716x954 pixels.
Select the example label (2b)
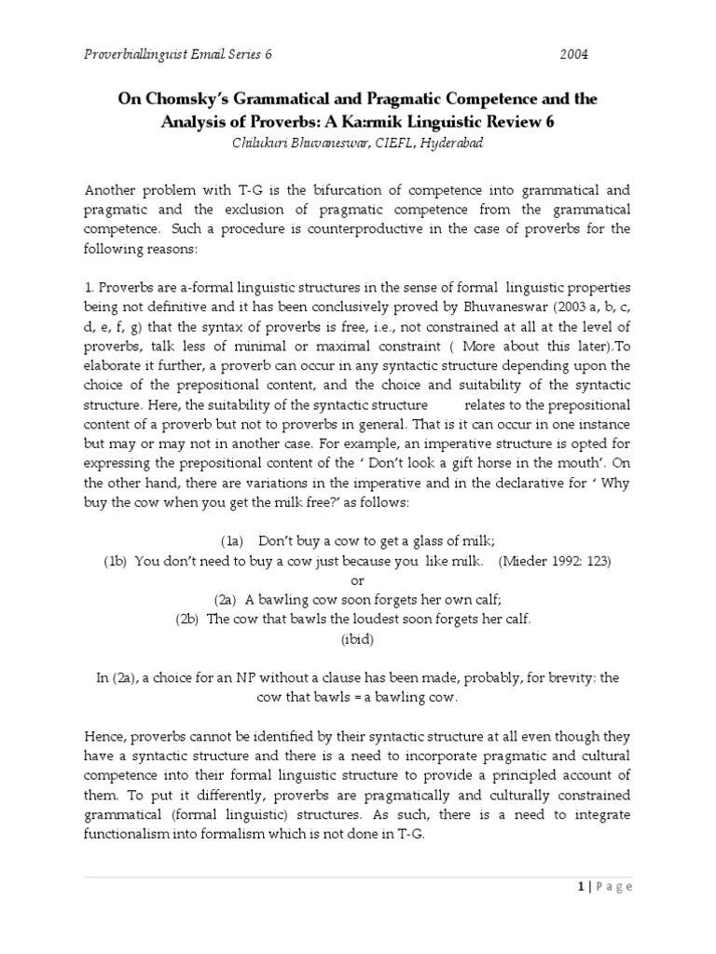pyautogui.click(x=187, y=619)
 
